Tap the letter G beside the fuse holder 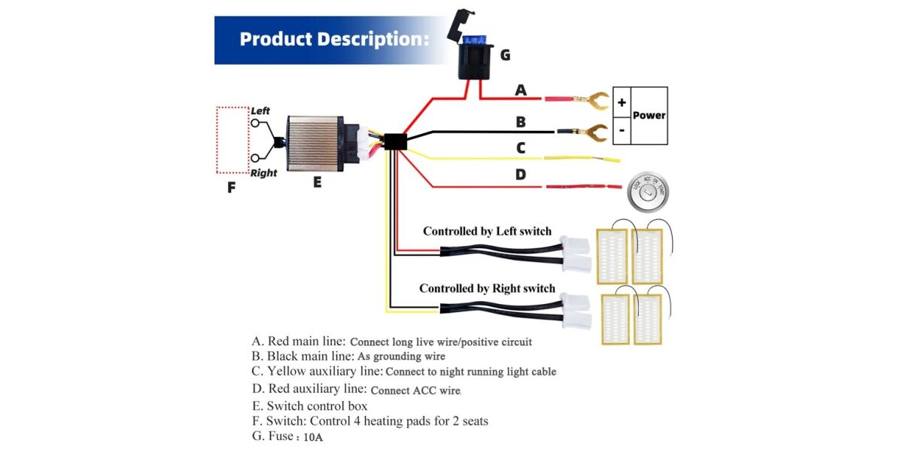(x=505, y=54)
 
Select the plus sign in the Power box (x=622, y=102)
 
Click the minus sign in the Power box (x=622, y=129)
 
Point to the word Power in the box (x=649, y=115)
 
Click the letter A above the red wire (x=521, y=91)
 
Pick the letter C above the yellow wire (x=521, y=148)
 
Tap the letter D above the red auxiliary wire (x=521, y=175)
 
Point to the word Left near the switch (x=260, y=111)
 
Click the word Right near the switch (x=263, y=173)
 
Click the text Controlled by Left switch (x=487, y=231)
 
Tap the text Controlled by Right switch (x=487, y=288)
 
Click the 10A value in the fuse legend (x=313, y=437)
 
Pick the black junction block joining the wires (x=395, y=141)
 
